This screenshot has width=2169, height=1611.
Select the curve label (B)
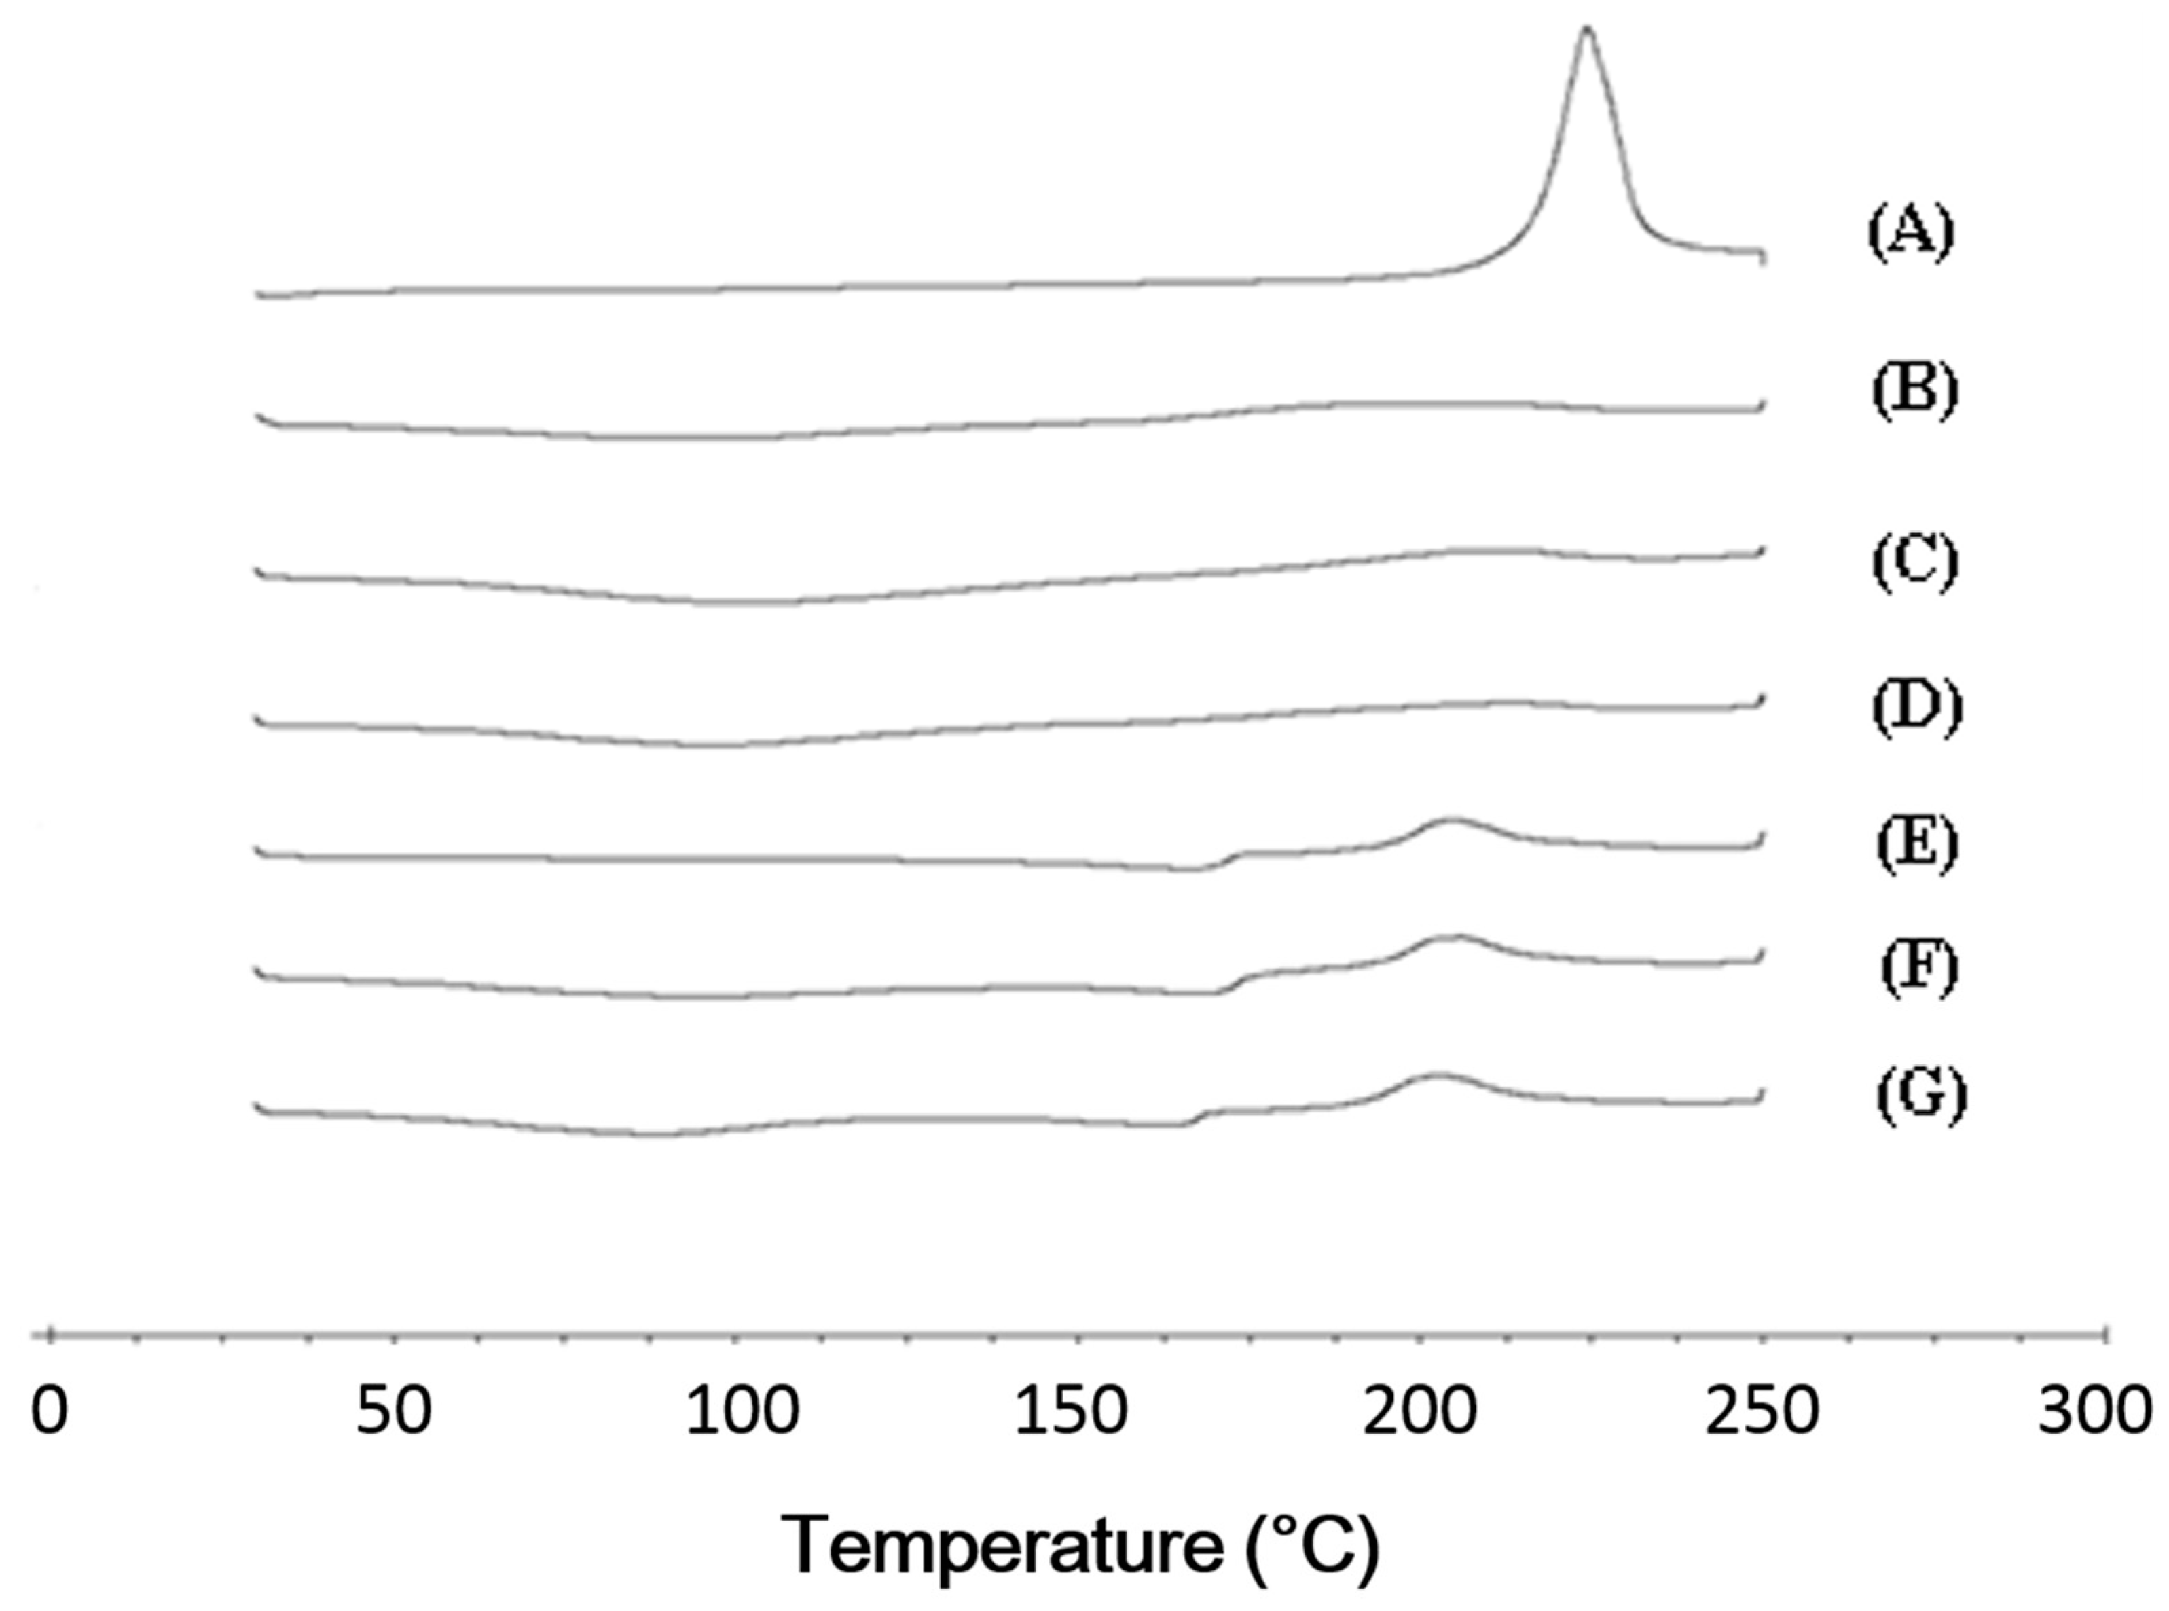[1914, 391]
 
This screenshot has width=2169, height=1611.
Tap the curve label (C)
[1914, 562]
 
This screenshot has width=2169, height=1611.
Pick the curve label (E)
[1916, 844]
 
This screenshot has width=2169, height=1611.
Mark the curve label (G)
[1921, 1095]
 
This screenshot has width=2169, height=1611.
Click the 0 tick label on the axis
[50, 1412]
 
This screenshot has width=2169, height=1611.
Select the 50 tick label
[393, 1412]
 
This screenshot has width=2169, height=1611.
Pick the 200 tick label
[1419, 1412]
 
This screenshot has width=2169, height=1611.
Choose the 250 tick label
[1762, 1412]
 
